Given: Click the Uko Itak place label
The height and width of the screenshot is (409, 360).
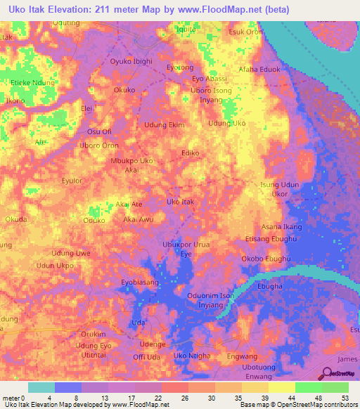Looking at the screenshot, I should [180, 202].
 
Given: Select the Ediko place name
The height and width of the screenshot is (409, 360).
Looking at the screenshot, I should [191, 152].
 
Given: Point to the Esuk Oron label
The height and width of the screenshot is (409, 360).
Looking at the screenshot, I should [245, 32].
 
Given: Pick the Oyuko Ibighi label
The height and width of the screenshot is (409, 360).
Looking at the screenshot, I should [131, 62].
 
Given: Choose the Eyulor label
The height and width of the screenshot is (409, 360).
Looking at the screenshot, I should [72, 181].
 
